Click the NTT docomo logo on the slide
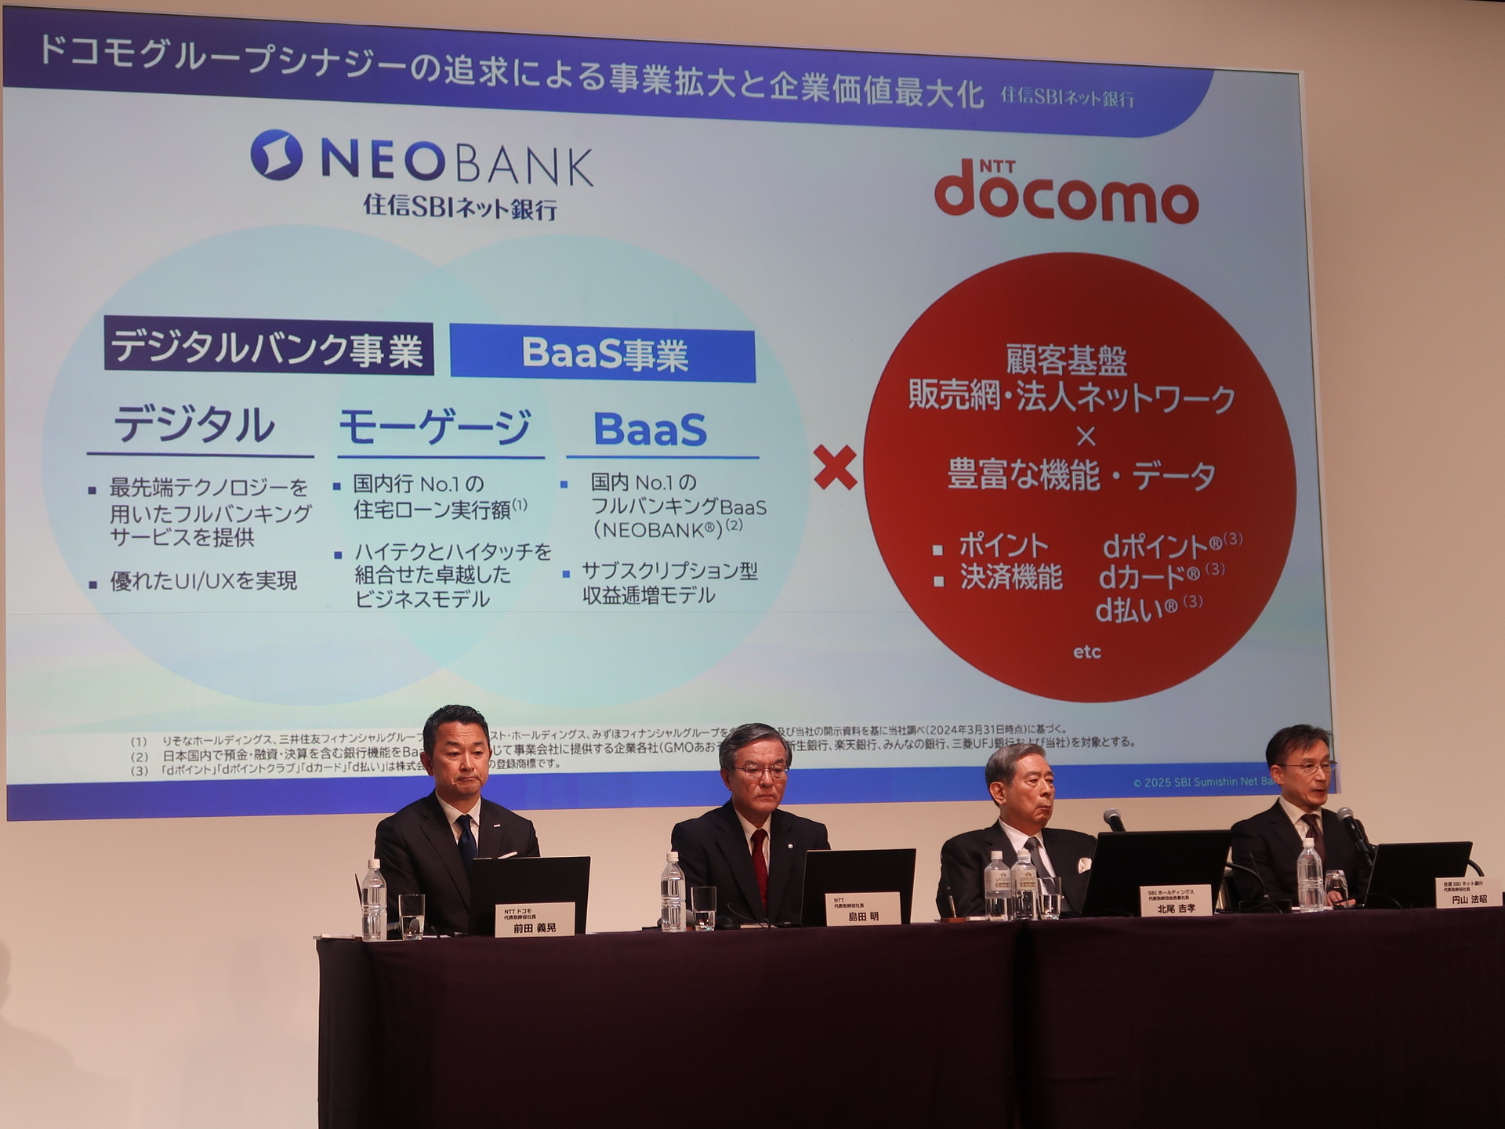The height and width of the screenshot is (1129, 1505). coord(1066,191)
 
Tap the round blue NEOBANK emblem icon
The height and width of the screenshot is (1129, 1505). coord(276,154)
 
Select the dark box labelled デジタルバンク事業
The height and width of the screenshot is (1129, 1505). coord(269,349)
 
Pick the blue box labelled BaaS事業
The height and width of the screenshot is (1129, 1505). coord(603,354)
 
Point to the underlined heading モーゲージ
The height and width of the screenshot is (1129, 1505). coord(435,427)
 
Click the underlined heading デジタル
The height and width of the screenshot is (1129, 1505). coord(194,426)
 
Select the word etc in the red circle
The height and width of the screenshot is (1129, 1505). coord(1087,652)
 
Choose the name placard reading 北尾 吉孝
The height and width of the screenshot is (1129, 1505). coord(1173,900)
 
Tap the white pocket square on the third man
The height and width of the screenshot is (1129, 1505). coord(1085,866)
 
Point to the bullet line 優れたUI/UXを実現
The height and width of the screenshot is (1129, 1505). coord(203,581)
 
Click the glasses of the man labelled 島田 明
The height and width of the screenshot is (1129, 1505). coord(760,771)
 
